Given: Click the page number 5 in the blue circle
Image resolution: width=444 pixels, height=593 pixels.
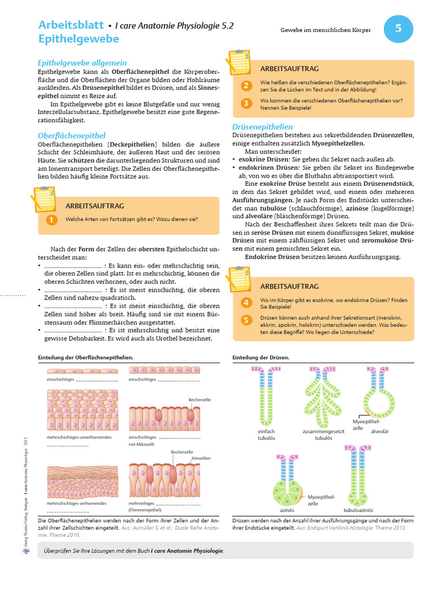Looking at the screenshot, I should point(398,28).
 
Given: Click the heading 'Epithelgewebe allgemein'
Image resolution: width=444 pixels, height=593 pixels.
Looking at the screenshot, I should point(82,63).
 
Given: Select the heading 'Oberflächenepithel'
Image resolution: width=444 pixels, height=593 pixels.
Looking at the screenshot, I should point(72,136).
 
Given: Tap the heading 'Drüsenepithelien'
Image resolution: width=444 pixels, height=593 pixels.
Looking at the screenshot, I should point(262,126).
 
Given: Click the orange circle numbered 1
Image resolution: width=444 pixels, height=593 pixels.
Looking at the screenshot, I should point(51,219).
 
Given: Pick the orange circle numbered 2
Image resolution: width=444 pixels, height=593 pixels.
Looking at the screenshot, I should point(246,86).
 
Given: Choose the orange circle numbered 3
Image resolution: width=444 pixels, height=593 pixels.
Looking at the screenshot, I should point(246,104).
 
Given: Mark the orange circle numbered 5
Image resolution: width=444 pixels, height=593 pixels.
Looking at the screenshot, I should point(246,320).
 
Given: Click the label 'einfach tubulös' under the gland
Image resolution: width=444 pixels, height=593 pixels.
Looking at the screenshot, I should point(267,435).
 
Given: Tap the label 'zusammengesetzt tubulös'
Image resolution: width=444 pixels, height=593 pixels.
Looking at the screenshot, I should point(323,435).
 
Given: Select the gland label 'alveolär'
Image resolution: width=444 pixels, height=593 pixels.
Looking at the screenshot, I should point(380,431).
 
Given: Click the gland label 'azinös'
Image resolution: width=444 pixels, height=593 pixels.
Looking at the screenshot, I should point(287,511).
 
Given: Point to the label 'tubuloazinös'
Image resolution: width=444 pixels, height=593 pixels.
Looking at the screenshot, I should point(358,511).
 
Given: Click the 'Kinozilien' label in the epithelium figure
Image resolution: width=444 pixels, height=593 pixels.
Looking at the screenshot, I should point(201,458).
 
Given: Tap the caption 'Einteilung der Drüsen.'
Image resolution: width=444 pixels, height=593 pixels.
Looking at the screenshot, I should point(261,357).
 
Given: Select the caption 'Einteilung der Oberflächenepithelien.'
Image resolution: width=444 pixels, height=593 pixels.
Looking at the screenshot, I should point(86,357).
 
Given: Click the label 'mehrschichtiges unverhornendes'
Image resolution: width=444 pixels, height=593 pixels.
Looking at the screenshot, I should point(79,437).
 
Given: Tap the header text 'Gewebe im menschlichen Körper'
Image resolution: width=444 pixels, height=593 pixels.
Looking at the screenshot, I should point(326,30).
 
